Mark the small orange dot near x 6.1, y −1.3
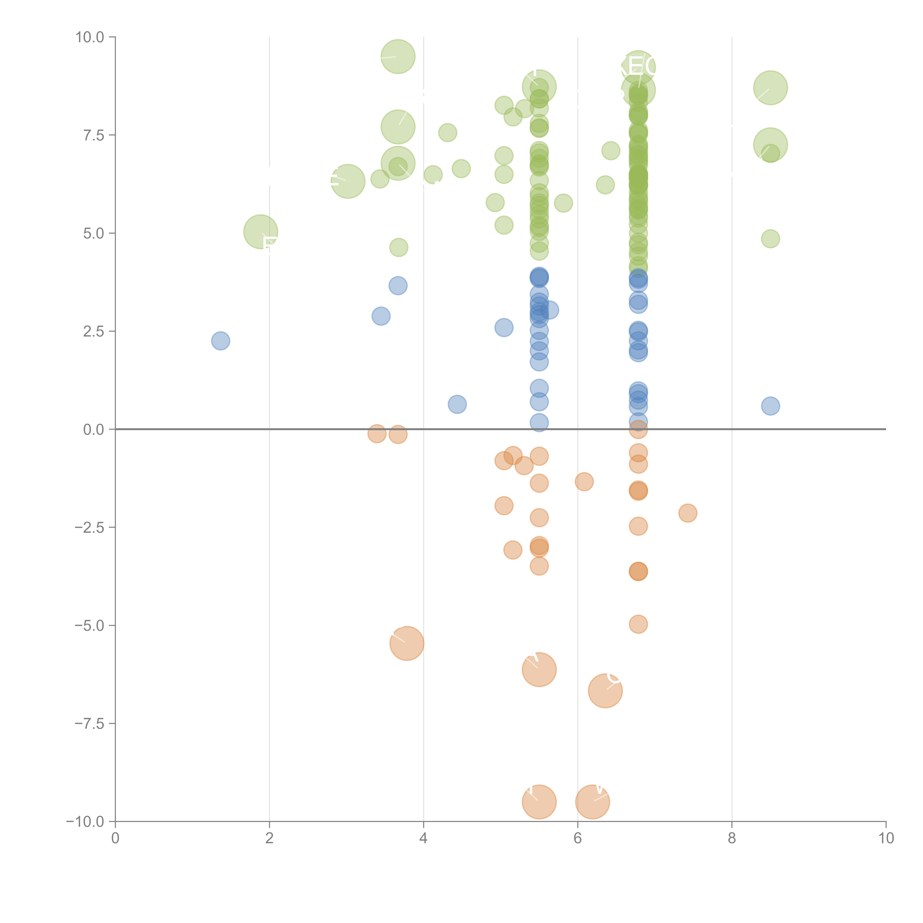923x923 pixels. click(584, 482)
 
